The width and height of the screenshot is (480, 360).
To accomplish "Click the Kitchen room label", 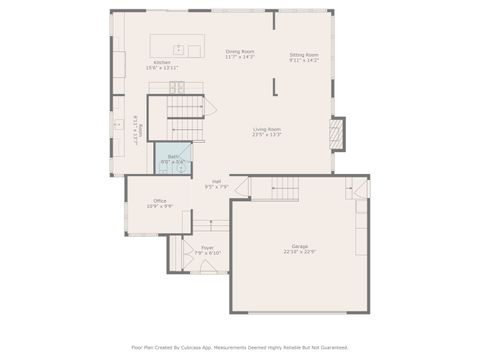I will (162, 62).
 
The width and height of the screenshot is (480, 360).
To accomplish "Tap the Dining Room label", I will (240, 51).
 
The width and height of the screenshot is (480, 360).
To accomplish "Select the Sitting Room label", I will (304, 54).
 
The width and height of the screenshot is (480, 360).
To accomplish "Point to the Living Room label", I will (266, 129).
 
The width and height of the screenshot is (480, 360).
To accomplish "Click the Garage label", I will (300, 245).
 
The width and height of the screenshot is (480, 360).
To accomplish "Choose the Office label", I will (160, 200).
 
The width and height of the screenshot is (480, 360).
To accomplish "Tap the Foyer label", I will (207, 247).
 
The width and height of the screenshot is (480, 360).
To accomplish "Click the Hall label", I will (216, 181).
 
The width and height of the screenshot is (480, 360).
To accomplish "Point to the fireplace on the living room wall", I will (338, 134).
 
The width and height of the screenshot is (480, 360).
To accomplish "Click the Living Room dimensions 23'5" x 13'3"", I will (266, 135).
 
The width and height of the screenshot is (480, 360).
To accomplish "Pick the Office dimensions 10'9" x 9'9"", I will (160, 206).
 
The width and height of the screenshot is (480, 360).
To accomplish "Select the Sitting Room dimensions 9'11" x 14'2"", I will (304, 60).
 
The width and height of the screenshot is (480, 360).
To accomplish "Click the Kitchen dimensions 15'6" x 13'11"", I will (162, 68).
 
